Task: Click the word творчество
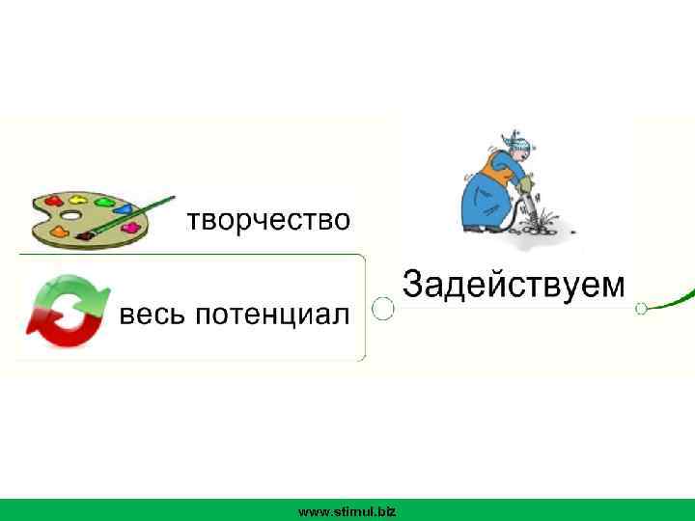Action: (267, 220)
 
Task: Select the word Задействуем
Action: (513, 285)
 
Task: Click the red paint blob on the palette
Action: (60, 233)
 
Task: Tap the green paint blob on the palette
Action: (100, 202)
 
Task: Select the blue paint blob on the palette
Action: (125, 206)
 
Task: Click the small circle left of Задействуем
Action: (383, 309)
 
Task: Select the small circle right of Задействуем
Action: (640, 309)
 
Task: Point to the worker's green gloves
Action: (525, 183)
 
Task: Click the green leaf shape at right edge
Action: (676, 301)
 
